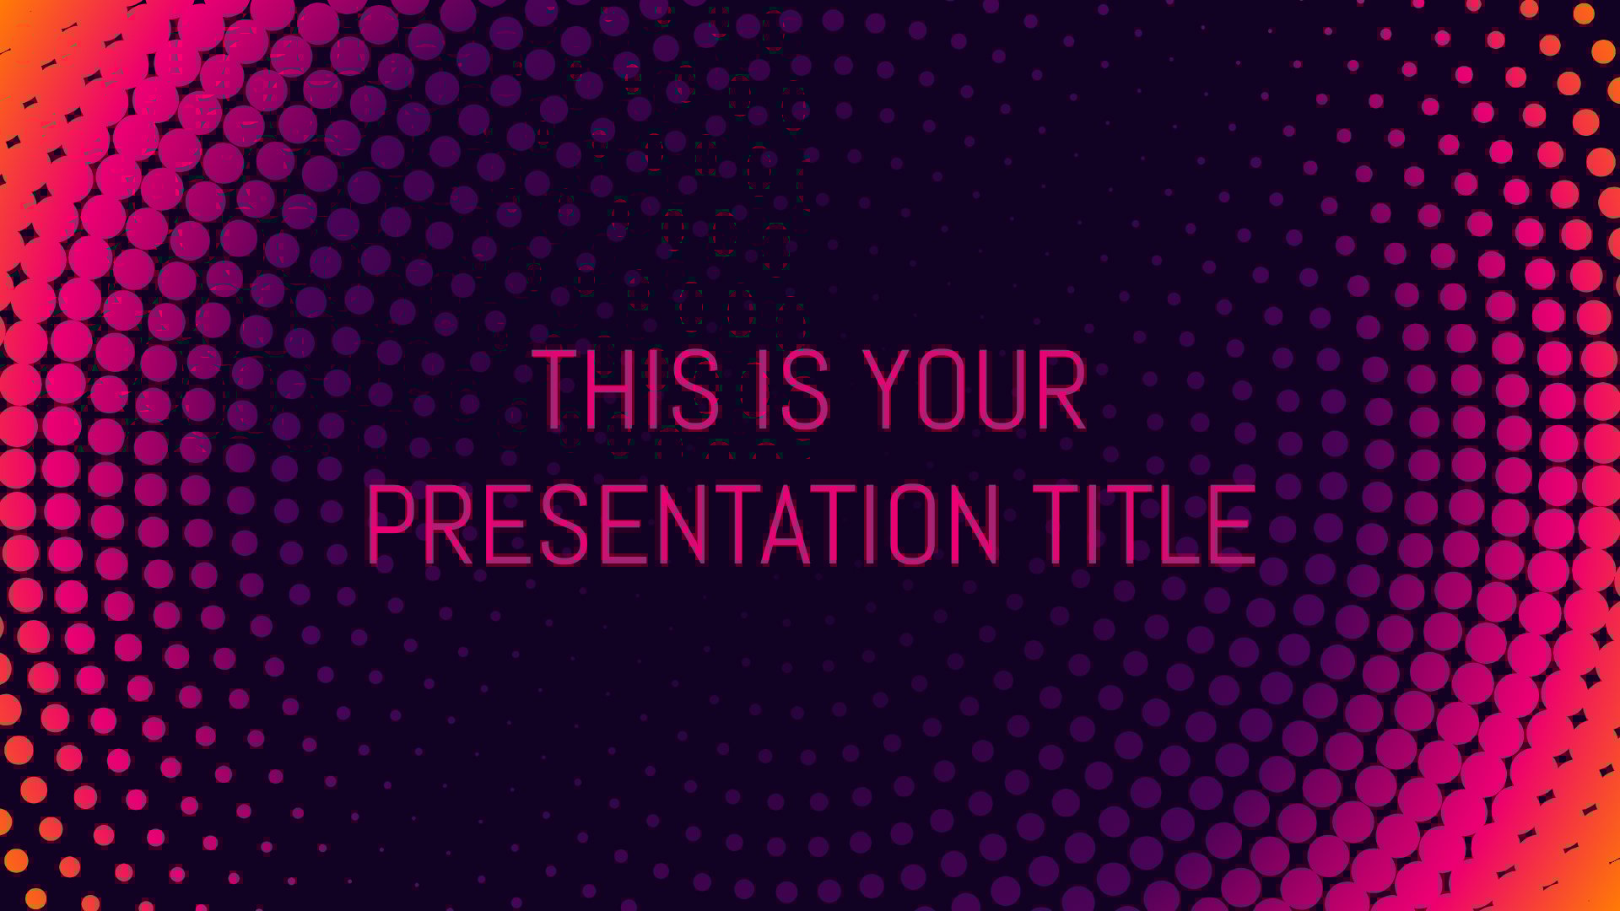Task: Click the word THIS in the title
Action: (627, 388)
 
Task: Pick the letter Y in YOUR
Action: (893, 388)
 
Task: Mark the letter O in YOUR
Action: (944, 388)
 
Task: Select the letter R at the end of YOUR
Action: (1062, 388)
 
